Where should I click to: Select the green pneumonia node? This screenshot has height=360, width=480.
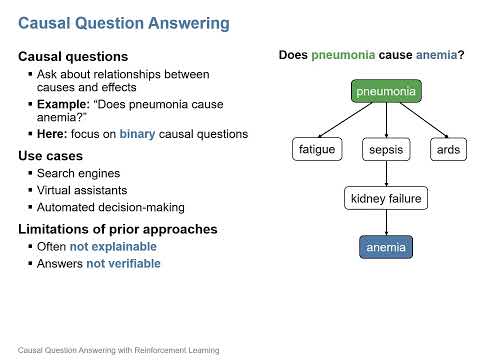tap(386, 93)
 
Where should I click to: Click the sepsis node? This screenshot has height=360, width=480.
tap(385, 150)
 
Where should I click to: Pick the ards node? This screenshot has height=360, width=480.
tap(446, 150)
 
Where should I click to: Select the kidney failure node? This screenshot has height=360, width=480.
tap(386, 199)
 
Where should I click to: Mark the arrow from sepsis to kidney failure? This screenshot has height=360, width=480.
tap(386, 174)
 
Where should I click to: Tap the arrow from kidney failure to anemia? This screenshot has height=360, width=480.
tap(386, 223)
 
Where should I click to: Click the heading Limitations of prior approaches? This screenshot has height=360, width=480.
tap(109, 229)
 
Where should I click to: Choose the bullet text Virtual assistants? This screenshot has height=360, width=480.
tap(87, 190)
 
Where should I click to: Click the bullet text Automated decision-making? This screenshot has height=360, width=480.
tap(110, 207)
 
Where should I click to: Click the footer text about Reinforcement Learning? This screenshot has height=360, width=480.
tap(112, 350)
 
